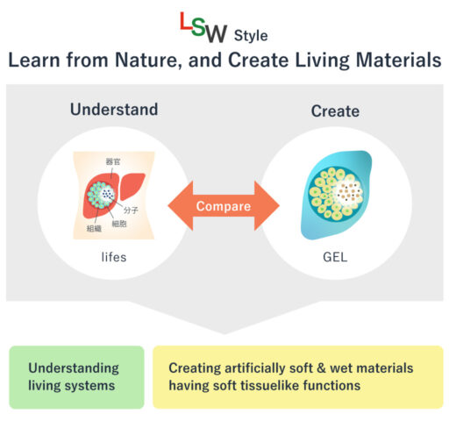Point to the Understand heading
[x=114, y=110]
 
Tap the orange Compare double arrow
[x=224, y=207]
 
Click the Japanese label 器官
[x=113, y=162]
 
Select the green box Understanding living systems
[x=77, y=376]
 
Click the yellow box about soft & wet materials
[x=296, y=376]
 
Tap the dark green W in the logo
[x=217, y=34]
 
